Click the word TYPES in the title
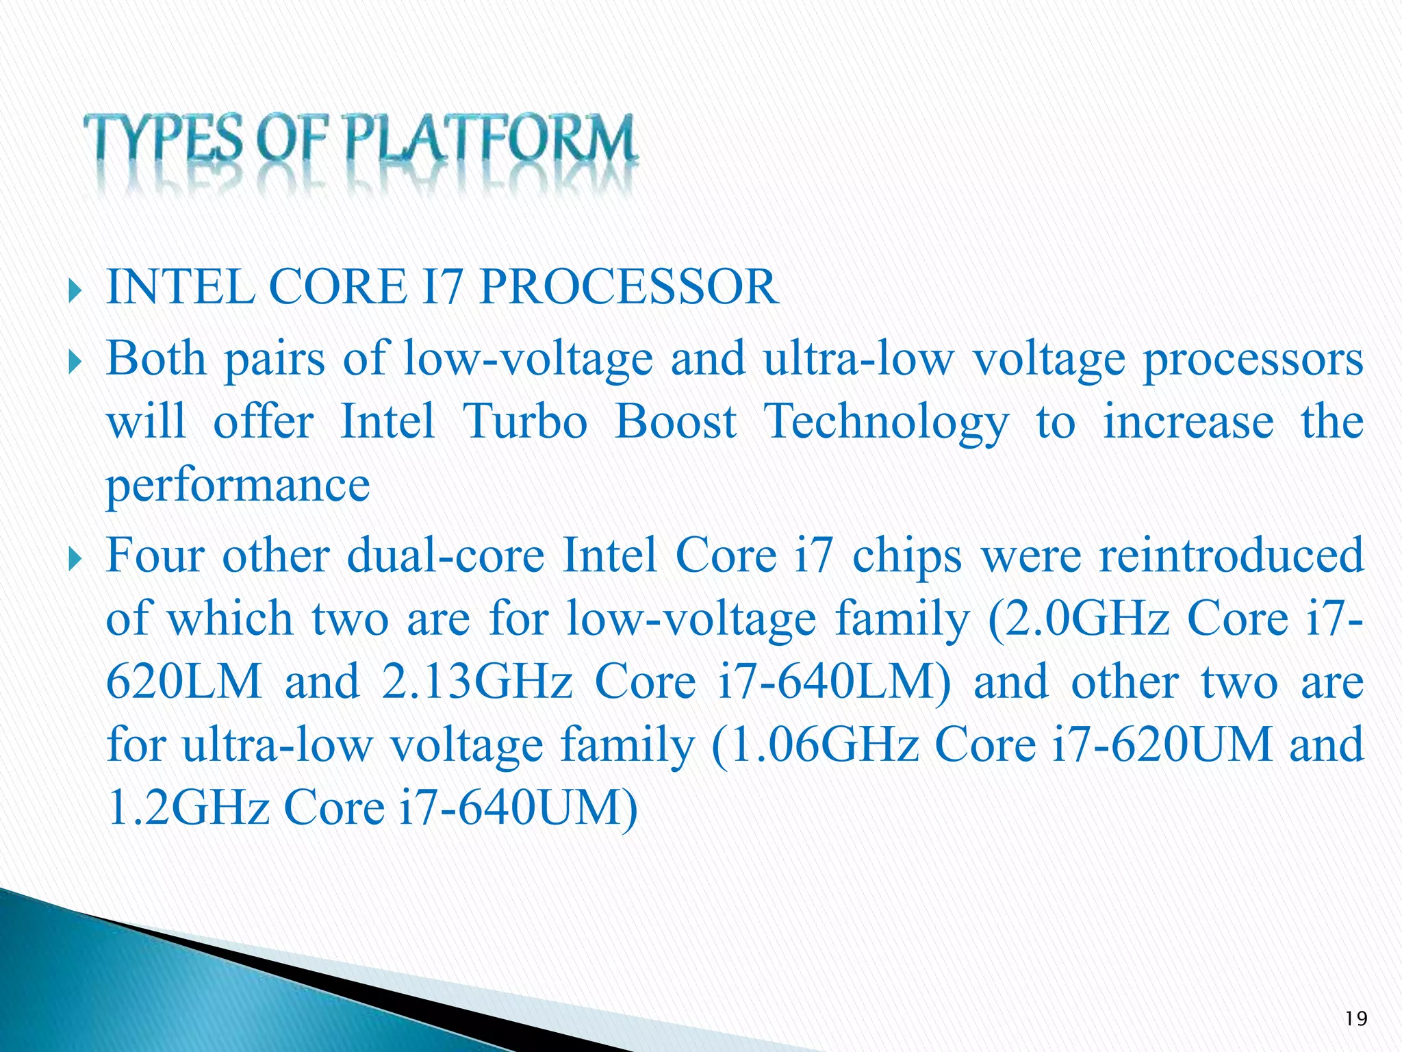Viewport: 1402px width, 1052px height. [x=163, y=140]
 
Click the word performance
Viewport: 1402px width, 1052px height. [x=238, y=486]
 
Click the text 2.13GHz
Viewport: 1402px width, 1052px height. [x=476, y=682]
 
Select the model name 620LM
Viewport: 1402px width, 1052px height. [x=184, y=682]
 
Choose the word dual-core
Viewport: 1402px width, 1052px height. [x=446, y=555]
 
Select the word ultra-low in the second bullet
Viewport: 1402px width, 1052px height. [x=858, y=360]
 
